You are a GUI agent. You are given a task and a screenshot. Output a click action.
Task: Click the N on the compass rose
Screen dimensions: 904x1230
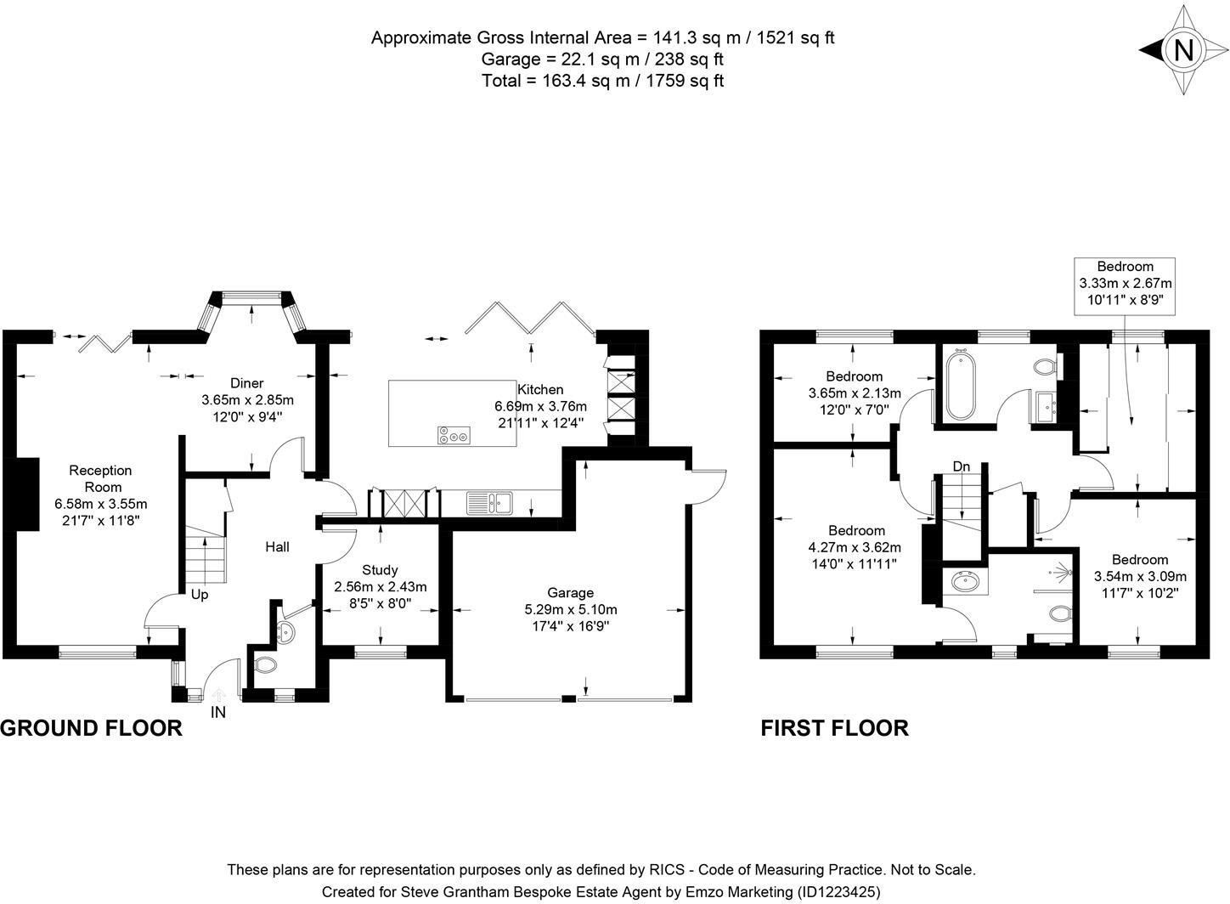point(1182,50)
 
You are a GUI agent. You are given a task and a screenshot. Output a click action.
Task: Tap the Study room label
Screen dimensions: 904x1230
point(379,570)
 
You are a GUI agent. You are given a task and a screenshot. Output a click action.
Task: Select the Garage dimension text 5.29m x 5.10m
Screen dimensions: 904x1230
point(571,609)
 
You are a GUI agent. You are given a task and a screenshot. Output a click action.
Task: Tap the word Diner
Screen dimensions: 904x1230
point(247,383)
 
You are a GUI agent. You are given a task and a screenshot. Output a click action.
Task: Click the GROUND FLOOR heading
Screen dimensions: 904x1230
point(91,728)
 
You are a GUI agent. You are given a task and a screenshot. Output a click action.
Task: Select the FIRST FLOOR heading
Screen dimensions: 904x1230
point(834,728)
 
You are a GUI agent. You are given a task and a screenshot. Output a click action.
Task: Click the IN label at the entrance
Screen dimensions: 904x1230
point(218,713)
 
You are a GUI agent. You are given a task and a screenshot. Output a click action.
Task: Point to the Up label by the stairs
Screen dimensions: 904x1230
point(200,595)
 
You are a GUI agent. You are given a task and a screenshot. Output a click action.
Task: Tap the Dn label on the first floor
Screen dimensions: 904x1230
point(962,466)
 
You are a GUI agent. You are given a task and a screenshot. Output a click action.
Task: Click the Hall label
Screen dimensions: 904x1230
point(277,546)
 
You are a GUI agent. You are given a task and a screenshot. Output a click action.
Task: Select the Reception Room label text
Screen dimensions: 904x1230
point(100,478)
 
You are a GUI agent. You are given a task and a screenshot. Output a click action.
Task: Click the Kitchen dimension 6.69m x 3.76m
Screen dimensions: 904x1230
point(540,406)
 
